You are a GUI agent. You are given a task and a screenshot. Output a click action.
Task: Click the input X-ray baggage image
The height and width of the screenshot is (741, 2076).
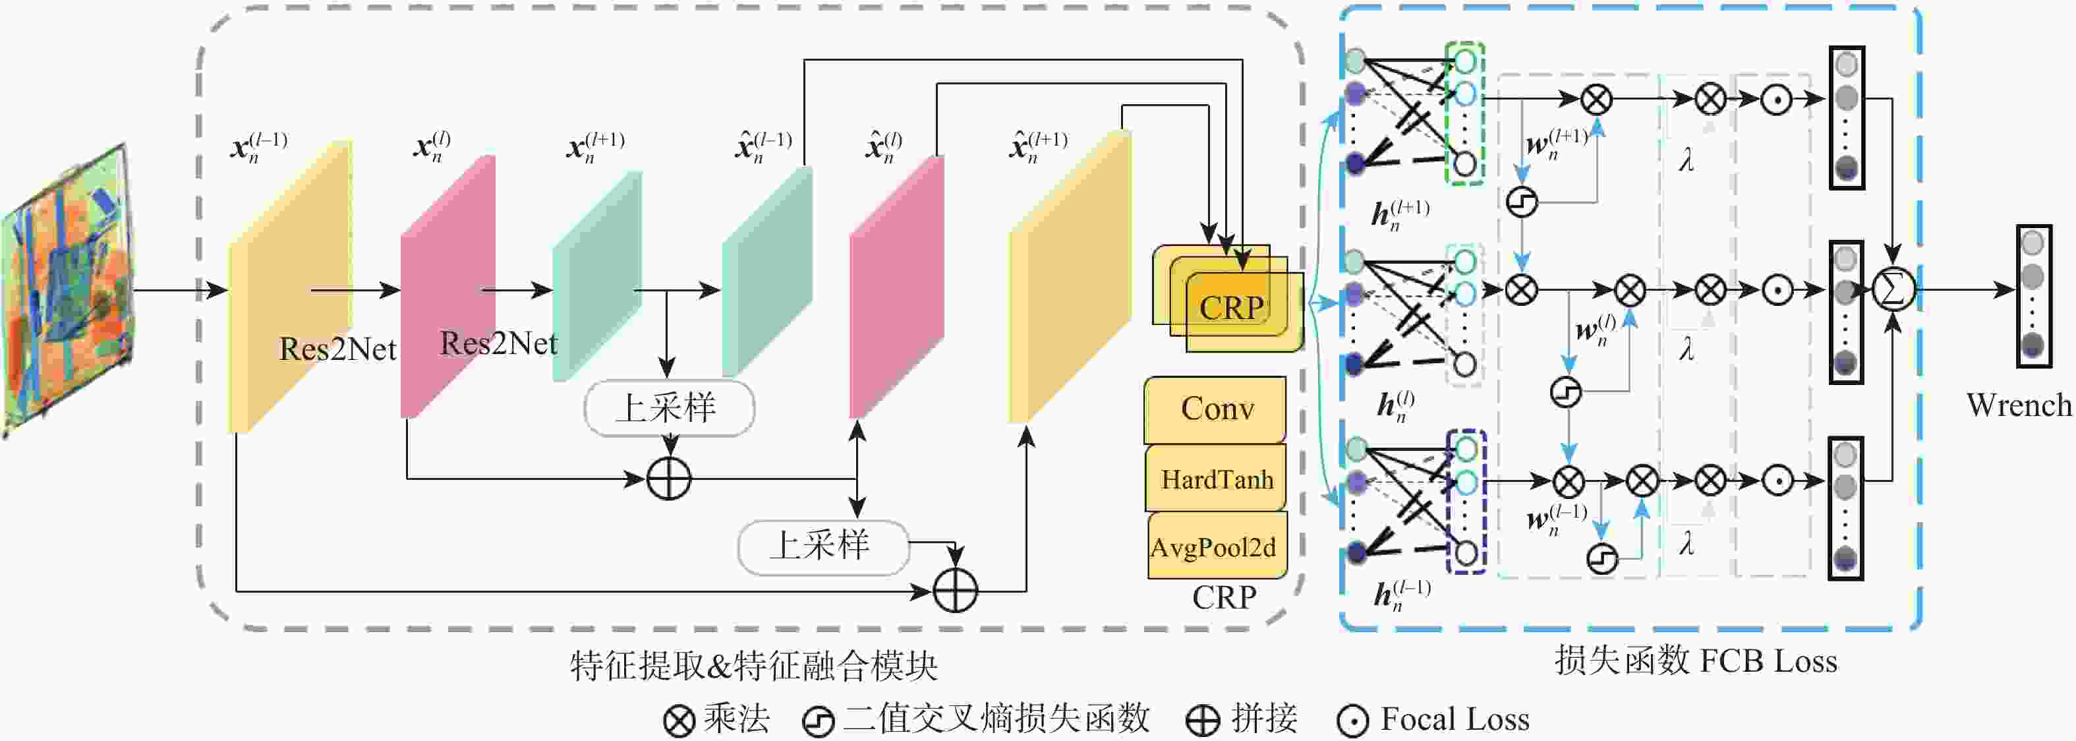[x=69, y=290]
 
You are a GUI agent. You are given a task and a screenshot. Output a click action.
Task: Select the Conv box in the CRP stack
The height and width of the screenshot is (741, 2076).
[x=1216, y=409]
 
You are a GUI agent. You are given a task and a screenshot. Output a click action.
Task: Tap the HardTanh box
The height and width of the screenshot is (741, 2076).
[x=1216, y=479]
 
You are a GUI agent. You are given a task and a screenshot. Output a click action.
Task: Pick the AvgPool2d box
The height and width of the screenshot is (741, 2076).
[x=1215, y=547]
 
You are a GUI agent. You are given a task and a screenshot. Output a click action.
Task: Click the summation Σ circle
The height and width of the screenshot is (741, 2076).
[x=1892, y=289]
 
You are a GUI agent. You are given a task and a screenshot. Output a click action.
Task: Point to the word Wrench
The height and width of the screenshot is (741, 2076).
[x=2018, y=405]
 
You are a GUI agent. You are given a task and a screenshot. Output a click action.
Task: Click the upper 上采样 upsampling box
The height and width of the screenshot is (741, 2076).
[x=668, y=408]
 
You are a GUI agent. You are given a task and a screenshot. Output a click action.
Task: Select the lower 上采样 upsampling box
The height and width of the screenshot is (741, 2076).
[x=822, y=546]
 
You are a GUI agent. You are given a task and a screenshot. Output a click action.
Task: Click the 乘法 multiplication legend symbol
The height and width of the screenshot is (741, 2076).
[x=679, y=720]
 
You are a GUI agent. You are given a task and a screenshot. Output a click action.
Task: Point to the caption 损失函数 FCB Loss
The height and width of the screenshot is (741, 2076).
[x=1696, y=661]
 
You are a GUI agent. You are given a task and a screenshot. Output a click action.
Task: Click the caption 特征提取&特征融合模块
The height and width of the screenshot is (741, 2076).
[x=753, y=666]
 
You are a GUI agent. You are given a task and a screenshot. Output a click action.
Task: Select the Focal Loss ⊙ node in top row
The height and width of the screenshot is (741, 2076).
[x=1776, y=99]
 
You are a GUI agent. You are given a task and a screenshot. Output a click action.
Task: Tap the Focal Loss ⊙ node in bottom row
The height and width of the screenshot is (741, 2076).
[x=1776, y=481]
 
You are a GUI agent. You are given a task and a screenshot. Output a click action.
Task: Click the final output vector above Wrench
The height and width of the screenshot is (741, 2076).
[x=2033, y=296]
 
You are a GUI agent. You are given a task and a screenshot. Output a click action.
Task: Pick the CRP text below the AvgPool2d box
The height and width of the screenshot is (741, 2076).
[x=1223, y=597]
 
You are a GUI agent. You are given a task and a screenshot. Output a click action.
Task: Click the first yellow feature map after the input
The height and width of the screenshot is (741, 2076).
[x=290, y=286]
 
